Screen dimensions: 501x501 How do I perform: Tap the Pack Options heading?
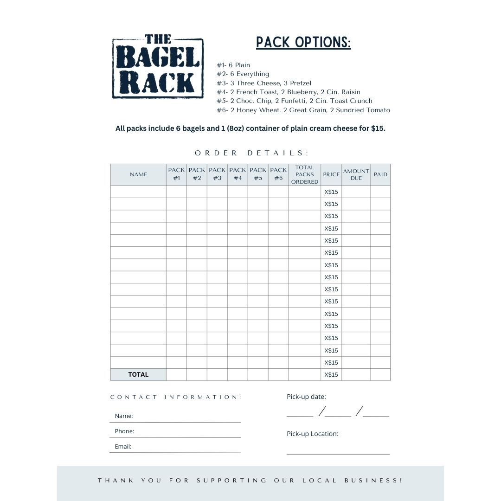tap(303, 42)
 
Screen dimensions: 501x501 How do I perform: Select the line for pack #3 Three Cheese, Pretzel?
tap(264, 83)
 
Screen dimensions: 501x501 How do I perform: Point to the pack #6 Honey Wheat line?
tap(303, 110)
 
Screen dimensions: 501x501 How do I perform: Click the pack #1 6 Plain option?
tap(233, 65)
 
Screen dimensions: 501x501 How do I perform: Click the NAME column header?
tap(138, 174)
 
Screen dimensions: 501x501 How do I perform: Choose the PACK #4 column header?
tap(238, 174)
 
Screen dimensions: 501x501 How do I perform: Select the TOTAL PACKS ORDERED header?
tap(305, 174)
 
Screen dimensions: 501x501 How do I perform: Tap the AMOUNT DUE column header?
tap(356, 174)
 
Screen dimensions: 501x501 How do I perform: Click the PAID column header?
tap(380, 174)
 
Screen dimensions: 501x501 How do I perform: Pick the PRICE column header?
tap(331, 174)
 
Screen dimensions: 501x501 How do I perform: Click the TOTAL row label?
tap(138, 374)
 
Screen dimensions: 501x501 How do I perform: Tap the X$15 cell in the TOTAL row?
tap(331, 374)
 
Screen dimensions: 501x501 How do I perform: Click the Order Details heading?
tap(251, 153)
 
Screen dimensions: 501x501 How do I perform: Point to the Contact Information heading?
tap(176, 397)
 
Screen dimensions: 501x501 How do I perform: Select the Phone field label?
tap(124, 431)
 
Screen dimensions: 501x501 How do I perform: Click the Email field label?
tap(123, 446)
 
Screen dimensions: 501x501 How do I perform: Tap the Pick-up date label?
tap(306, 397)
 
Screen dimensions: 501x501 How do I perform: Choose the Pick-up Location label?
tap(312, 434)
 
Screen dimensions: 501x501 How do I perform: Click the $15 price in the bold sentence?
tap(378, 128)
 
